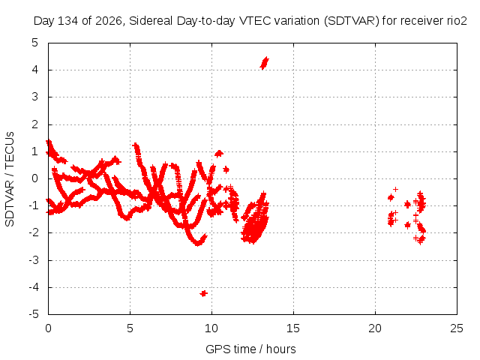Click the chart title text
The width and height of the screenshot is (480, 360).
(x=250, y=21)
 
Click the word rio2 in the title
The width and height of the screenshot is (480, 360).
(x=458, y=21)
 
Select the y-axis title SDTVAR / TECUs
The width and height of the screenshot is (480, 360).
(x=10, y=179)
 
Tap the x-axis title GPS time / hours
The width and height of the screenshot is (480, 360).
(x=250, y=349)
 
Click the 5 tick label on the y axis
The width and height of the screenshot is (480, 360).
(x=35, y=43)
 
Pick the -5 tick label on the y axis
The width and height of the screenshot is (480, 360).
(x=33, y=314)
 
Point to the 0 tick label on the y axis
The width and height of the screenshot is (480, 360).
(x=35, y=178)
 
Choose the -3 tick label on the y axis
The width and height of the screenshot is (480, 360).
(x=33, y=260)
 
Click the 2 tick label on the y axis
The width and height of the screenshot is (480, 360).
(x=35, y=124)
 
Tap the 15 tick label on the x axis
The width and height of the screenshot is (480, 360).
(x=293, y=328)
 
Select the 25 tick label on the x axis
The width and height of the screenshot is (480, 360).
(x=457, y=328)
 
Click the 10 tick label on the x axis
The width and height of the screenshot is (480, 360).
(x=211, y=328)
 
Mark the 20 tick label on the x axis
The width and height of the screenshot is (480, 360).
(x=375, y=328)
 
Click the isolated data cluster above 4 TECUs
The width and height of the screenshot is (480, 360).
(x=264, y=63)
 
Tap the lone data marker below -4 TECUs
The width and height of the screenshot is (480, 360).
(x=203, y=293)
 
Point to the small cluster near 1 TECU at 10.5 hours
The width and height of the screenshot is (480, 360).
(x=218, y=153)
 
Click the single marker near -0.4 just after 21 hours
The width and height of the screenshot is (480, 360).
(x=395, y=190)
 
